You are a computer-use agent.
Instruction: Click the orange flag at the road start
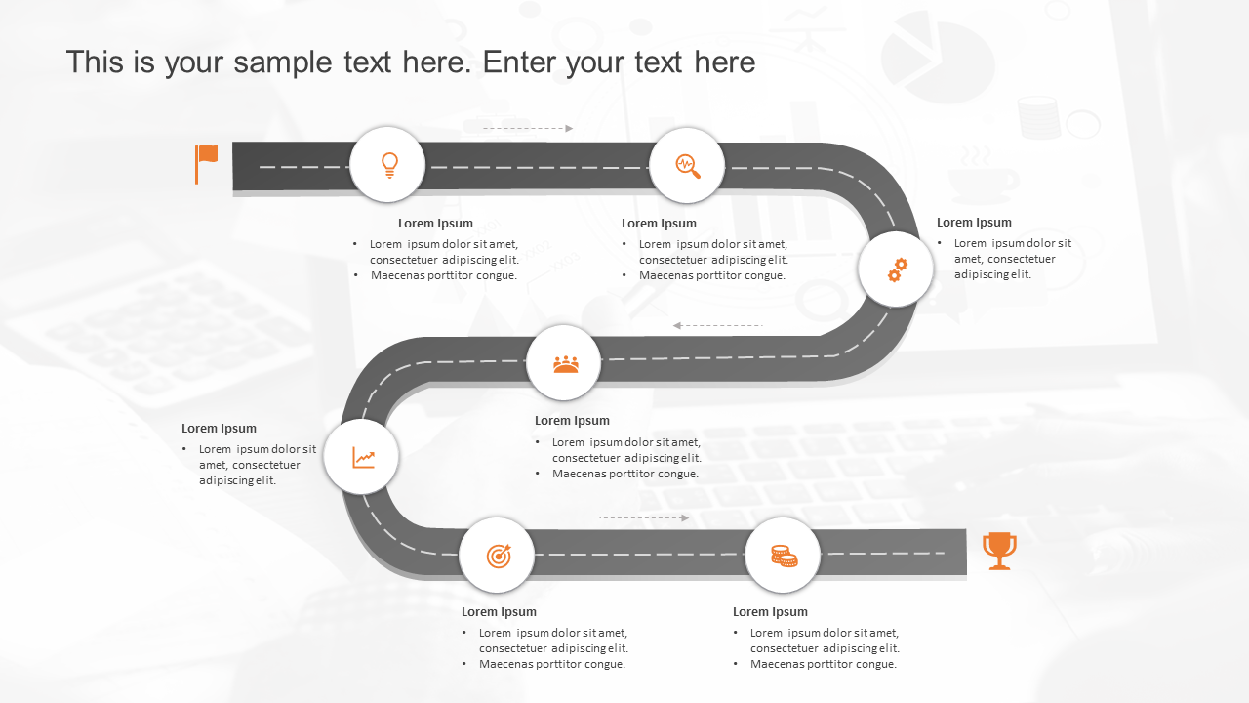[x=206, y=162]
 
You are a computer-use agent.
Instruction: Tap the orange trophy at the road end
[x=999, y=550]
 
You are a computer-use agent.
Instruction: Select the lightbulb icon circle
[x=387, y=165]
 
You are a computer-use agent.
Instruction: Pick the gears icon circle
[x=896, y=269]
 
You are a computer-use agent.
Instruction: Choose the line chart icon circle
[x=362, y=457]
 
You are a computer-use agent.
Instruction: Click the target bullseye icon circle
[x=498, y=556]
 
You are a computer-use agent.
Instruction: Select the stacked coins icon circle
[x=783, y=556]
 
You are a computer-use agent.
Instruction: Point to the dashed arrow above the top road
[x=527, y=128]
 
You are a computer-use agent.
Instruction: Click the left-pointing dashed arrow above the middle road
[x=718, y=325]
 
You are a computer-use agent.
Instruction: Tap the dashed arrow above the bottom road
[x=644, y=517]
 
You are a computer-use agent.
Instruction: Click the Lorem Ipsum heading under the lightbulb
[x=435, y=224]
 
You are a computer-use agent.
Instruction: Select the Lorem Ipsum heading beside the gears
[x=974, y=223]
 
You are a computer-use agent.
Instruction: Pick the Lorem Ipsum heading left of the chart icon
[x=219, y=429]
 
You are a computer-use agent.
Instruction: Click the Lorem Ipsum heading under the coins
[x=770, y=612]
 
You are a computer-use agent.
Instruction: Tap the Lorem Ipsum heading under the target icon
[x=499, y=612]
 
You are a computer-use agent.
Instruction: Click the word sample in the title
[x=289, y=62]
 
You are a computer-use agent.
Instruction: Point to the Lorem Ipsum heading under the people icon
[x=572, y=421]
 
